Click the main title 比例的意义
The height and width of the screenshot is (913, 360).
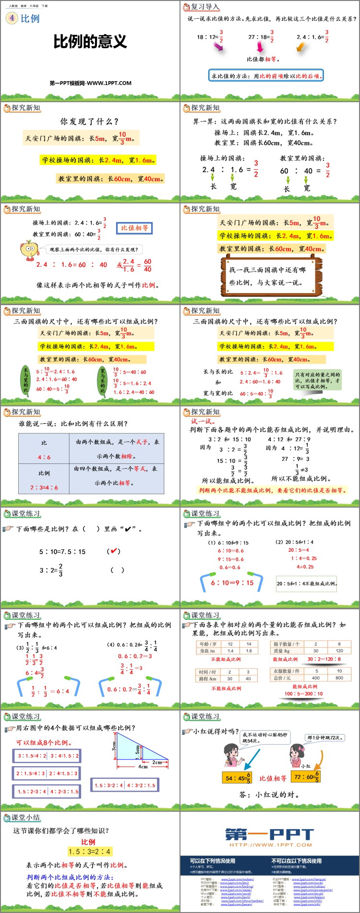tap(90, 42)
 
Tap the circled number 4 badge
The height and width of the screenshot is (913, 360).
tap(11, 18)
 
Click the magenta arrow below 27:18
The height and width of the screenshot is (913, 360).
tap(260, 47)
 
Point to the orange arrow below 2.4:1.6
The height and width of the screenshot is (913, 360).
tap(300, 47)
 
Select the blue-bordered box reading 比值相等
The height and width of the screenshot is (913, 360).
tap(134, 228)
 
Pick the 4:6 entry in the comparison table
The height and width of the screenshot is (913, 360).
tap(44, 457)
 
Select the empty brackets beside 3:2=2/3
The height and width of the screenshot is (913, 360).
tap(118, 570)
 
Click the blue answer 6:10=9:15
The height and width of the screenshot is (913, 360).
tap(232, 582)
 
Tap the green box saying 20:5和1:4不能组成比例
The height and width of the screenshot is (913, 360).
tap(307, 583)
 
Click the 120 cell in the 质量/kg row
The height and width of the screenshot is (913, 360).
tap(339, 651)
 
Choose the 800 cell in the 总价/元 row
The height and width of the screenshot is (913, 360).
tap(339, 678)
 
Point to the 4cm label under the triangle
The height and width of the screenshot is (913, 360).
tap(143, 766)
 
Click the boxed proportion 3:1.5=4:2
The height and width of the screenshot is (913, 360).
tap(32, 756)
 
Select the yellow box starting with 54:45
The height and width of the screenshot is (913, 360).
tap(238, 778)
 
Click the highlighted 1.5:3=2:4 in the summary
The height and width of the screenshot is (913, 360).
tap(90, 852)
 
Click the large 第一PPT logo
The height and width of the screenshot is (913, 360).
tap(270, 835)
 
